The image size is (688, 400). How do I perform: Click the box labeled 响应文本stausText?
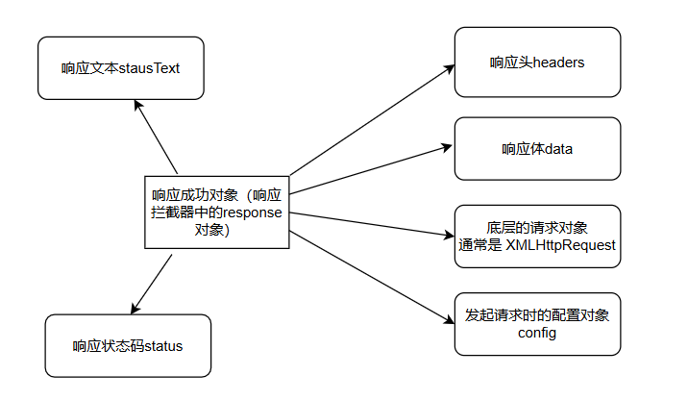coord(121,67)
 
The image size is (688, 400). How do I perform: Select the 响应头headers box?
coord(537,62)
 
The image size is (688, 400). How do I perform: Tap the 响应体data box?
coord(537,148)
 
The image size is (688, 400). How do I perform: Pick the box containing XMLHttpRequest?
coord(537,236)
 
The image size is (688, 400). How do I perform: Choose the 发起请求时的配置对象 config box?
coord(537,324)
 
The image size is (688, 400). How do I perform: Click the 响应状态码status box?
coord(128,345)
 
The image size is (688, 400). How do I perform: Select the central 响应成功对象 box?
coord(216,212)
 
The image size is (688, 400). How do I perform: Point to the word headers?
coord(558,62)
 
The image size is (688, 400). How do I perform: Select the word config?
coord(537,333)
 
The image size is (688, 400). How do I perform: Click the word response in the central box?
coord(253,213)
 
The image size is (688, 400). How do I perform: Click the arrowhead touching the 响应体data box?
coord(448,147)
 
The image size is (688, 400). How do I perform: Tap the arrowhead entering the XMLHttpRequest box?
coord(448,235)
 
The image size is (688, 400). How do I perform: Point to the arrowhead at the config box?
coord(448,321)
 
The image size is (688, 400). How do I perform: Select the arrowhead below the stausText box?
coord(138,104)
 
